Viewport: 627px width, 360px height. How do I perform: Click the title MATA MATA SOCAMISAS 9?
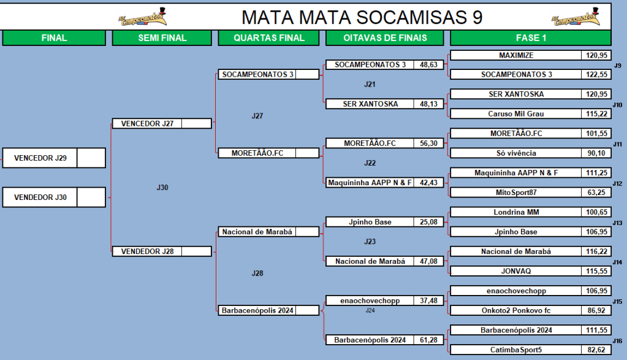pos(362,17)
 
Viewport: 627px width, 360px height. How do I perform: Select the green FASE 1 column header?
pos(531,38)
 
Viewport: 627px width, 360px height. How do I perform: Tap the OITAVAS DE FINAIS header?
pos(385,38)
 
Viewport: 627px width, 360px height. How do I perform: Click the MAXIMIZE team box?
pos(516,55)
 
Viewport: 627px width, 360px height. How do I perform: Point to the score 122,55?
pos(596,74)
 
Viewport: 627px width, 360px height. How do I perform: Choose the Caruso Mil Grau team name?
pos(516,113)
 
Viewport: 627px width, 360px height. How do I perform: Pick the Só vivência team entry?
pos(516,153)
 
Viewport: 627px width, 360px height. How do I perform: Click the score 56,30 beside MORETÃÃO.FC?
pos(428,144)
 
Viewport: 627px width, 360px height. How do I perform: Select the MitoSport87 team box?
pos(516,192)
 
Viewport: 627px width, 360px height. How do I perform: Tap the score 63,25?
pos(596,192)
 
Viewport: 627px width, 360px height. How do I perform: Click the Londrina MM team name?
pos(516,212)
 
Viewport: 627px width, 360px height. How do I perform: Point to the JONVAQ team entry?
pos(516,270)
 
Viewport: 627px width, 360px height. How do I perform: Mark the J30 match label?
pos(162,188)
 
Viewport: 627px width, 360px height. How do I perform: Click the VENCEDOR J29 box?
pos(40,158)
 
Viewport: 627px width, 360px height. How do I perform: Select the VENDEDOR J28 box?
pos(147,251)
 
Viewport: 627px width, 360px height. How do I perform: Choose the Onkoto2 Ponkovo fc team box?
pos(516,310)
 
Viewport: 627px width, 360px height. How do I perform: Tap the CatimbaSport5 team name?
pos(516,350)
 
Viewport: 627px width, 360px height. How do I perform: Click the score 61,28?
pos(428,340)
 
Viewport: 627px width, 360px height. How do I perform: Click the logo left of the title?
pos(142,18)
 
